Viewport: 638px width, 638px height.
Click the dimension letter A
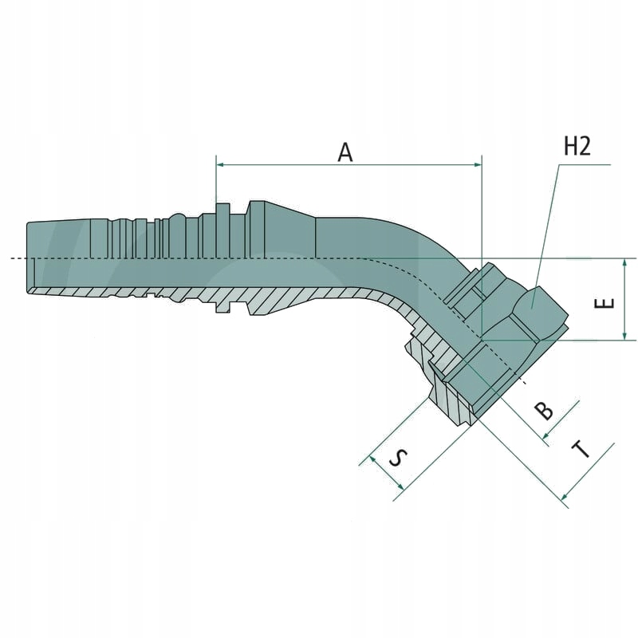tap(345, 152)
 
